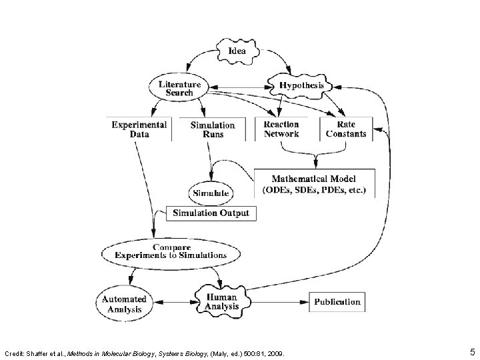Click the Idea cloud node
coord(237,51)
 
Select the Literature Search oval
coord(179,88)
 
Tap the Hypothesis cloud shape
coord(301,86)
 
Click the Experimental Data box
coord(139,129)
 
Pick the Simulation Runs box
coord(212,129)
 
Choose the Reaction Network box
coord(281,129)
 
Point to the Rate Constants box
coord(346,129)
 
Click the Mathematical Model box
coord(314,183)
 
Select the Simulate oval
coord(211,193)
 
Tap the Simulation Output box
coord(211,213)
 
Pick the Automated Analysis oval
coord(123,304)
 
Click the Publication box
coord(337,301)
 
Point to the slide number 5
coord(472,351)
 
